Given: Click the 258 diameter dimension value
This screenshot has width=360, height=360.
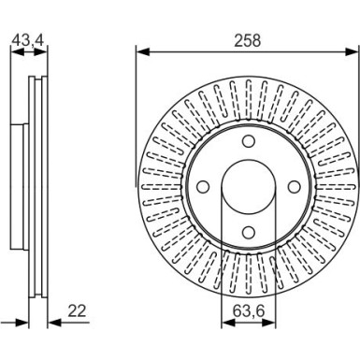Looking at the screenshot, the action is tap(247, 41).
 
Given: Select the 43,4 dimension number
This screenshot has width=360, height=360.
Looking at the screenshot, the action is tap(28, 40).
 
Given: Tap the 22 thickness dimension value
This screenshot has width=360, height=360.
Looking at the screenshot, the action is tap(77, 310).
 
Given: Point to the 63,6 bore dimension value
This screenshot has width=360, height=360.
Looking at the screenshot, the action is tap(249, 310).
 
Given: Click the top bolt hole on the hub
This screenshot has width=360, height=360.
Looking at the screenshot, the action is tap(249, 141).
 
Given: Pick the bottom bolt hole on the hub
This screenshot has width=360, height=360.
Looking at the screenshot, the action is tap(249, 232).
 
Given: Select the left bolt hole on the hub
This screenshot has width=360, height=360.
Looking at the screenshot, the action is tap(203, 187).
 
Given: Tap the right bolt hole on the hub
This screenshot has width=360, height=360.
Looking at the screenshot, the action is tap(294, 187).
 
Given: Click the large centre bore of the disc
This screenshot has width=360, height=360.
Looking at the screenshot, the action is tap(249, 187).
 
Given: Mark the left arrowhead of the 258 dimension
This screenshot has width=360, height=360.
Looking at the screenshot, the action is tap(143, 52).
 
